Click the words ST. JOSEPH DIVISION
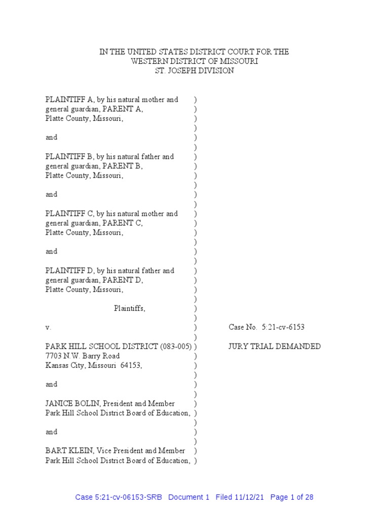point(194,71)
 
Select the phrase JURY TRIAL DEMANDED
point(275,347)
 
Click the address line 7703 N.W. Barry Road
point(83,356)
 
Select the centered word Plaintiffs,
point(130,309)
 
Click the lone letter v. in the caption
point(48,327)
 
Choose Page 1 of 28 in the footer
point(292,497)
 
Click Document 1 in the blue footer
point(188,497)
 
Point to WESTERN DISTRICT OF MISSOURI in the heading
point(194,61)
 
